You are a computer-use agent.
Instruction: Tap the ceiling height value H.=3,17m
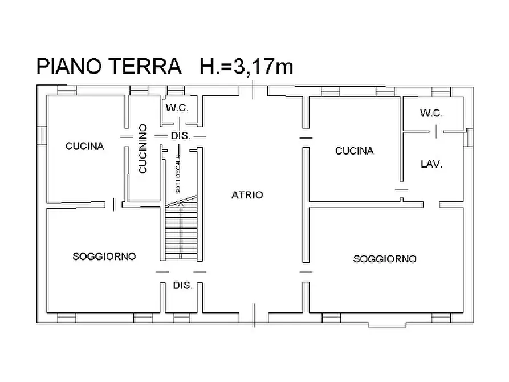pos(246,66)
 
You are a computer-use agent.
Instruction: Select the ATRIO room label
pos(247,195)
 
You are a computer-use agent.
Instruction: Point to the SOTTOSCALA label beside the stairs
pos(178,173)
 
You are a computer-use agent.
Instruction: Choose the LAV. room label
pos(431,164)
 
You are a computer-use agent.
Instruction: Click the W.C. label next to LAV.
pos(431,113)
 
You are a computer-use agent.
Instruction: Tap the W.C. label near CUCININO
pos(177,108)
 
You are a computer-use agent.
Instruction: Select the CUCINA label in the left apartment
pos(85,146)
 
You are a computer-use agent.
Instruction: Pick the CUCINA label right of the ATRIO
pos(354,151)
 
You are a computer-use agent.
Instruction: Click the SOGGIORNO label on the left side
pos(104,257)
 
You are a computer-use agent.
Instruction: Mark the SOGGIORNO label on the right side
pos(385,259)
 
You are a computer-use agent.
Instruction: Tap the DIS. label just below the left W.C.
pos(181,136)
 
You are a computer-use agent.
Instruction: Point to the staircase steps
pos(181,234)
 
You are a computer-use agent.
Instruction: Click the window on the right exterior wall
pos(469,137)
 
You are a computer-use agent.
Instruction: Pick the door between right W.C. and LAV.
pos(436,132)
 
